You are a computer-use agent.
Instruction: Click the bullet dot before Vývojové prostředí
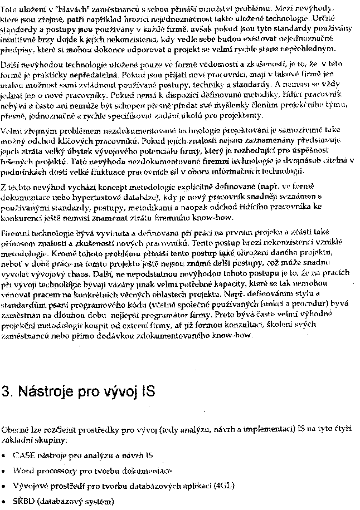[x=4, y=486]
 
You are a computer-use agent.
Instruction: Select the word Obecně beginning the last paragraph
[x=14, y=430]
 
